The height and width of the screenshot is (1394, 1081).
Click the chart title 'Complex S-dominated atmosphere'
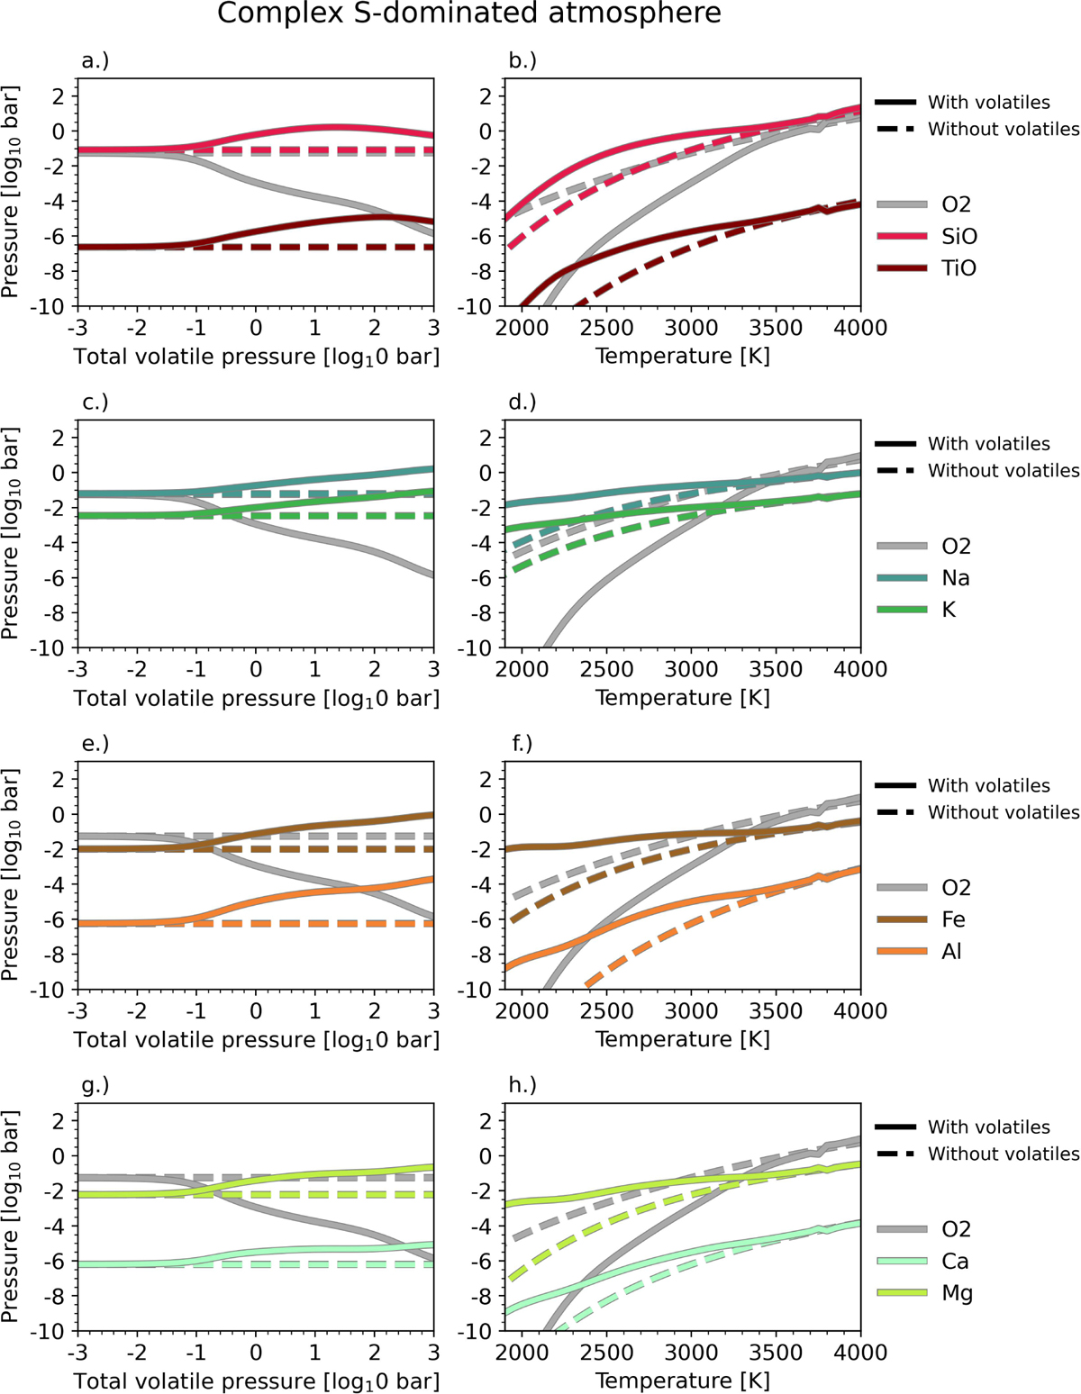468,14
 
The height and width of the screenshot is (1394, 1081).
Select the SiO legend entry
958,237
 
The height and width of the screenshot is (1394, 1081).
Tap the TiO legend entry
958,268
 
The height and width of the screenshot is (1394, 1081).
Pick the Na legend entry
955,578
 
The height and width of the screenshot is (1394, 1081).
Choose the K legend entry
949,610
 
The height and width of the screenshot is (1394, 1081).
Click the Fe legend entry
953,919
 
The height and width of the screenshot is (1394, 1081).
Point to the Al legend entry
951,951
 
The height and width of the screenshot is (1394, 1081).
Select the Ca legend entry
956,1261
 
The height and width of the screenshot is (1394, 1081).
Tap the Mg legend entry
957,1293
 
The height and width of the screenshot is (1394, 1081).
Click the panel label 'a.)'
95,61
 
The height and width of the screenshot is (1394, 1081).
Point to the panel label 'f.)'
522,744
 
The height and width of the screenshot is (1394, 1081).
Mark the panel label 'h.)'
522,1085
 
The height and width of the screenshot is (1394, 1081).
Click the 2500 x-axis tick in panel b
606,328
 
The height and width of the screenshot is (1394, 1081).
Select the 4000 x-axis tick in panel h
860,1353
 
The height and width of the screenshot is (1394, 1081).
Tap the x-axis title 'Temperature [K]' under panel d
682,698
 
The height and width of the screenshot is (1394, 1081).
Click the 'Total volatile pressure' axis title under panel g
257,1381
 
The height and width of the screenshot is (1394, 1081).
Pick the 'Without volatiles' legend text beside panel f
1004,812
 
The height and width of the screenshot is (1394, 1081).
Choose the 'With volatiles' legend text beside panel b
988,103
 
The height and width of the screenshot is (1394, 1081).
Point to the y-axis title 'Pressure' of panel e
11,874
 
